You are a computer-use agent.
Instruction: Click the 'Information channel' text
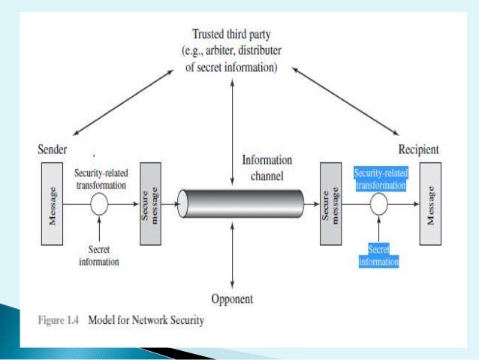point(267,167)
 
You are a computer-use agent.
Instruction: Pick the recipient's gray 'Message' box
point(431,203)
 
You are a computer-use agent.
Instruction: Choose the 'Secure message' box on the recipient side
point(330,203)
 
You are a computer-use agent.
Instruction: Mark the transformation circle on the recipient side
point(380,203)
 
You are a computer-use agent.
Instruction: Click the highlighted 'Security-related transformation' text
point(380,177)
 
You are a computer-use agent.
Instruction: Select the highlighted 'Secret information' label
point(379,256)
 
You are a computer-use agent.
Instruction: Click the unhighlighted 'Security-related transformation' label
point(100,177)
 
